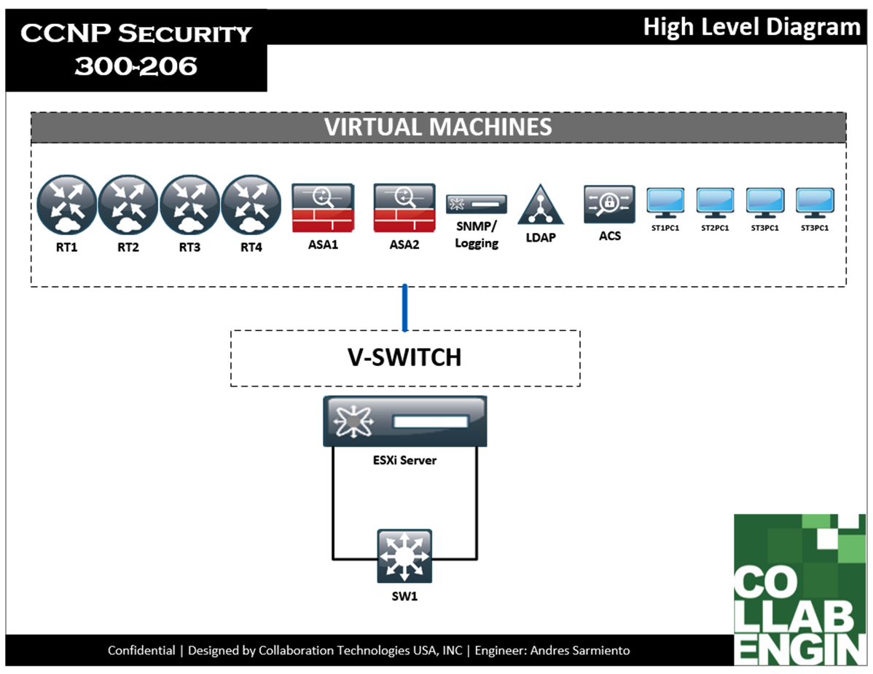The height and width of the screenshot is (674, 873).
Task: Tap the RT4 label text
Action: [251, 247]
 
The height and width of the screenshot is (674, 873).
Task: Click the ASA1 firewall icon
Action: [323, 207]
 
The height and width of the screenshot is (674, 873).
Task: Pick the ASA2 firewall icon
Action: [404, 207]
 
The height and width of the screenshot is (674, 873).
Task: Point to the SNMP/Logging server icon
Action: [477, 204]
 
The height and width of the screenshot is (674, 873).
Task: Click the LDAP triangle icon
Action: [541, 205]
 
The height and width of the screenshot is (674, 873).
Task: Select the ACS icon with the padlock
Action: [609, 205]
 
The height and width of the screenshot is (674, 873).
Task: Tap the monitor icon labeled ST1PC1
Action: [665, 203]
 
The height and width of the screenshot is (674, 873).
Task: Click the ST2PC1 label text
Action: [715, 228]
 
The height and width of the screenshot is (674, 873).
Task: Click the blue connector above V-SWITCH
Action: [405, 308]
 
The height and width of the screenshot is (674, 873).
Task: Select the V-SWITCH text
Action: [405, 357]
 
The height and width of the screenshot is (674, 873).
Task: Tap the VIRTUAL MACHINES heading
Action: [438, 127]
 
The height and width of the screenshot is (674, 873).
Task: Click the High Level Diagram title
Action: [751, 28]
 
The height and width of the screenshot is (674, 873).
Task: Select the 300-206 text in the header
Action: [136, 66]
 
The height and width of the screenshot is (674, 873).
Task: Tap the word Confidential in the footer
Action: [141, 650]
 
